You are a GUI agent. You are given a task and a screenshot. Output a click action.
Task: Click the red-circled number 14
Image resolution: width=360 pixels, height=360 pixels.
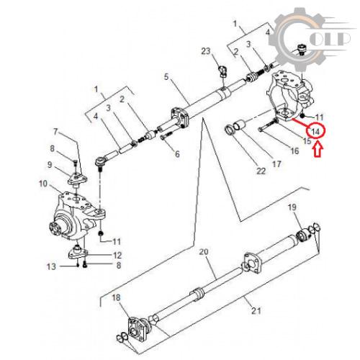315,132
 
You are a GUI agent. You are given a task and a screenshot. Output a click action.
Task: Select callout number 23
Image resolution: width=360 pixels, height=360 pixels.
206,51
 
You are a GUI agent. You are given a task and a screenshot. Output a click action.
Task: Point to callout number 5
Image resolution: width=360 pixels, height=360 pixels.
166,77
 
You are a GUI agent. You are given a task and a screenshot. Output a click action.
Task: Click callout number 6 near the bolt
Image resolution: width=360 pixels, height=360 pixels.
177,154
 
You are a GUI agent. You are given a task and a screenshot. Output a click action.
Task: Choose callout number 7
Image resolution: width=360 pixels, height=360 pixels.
55,132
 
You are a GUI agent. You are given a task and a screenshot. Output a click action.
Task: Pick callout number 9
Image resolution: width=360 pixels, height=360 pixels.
50,165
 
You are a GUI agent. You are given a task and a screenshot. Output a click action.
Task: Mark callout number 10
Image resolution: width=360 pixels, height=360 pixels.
43,184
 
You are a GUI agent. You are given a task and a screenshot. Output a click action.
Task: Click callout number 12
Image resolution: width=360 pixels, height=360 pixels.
117,255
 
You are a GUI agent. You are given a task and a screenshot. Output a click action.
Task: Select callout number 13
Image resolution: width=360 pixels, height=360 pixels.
51,266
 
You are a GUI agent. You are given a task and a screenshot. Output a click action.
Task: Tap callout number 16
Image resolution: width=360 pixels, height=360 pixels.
294,151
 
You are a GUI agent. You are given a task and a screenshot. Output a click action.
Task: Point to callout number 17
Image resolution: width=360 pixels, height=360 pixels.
276,164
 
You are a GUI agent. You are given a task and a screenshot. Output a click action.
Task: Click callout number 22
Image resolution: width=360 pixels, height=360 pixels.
261,171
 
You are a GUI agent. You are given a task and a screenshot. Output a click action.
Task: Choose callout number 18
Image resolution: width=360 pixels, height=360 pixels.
116,297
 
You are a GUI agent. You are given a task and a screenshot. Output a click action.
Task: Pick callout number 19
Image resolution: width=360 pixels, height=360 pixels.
292,207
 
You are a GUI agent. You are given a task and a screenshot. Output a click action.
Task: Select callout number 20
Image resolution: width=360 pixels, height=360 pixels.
204,252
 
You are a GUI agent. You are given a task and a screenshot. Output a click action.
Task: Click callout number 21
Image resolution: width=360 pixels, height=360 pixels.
256,311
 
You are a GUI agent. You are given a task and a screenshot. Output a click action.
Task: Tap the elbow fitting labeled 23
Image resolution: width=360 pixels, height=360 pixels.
222,71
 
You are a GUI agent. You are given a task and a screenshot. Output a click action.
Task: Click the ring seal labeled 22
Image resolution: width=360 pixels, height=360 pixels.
230,130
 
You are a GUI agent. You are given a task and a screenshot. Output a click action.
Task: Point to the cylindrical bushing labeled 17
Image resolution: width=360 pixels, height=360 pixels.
240,125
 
